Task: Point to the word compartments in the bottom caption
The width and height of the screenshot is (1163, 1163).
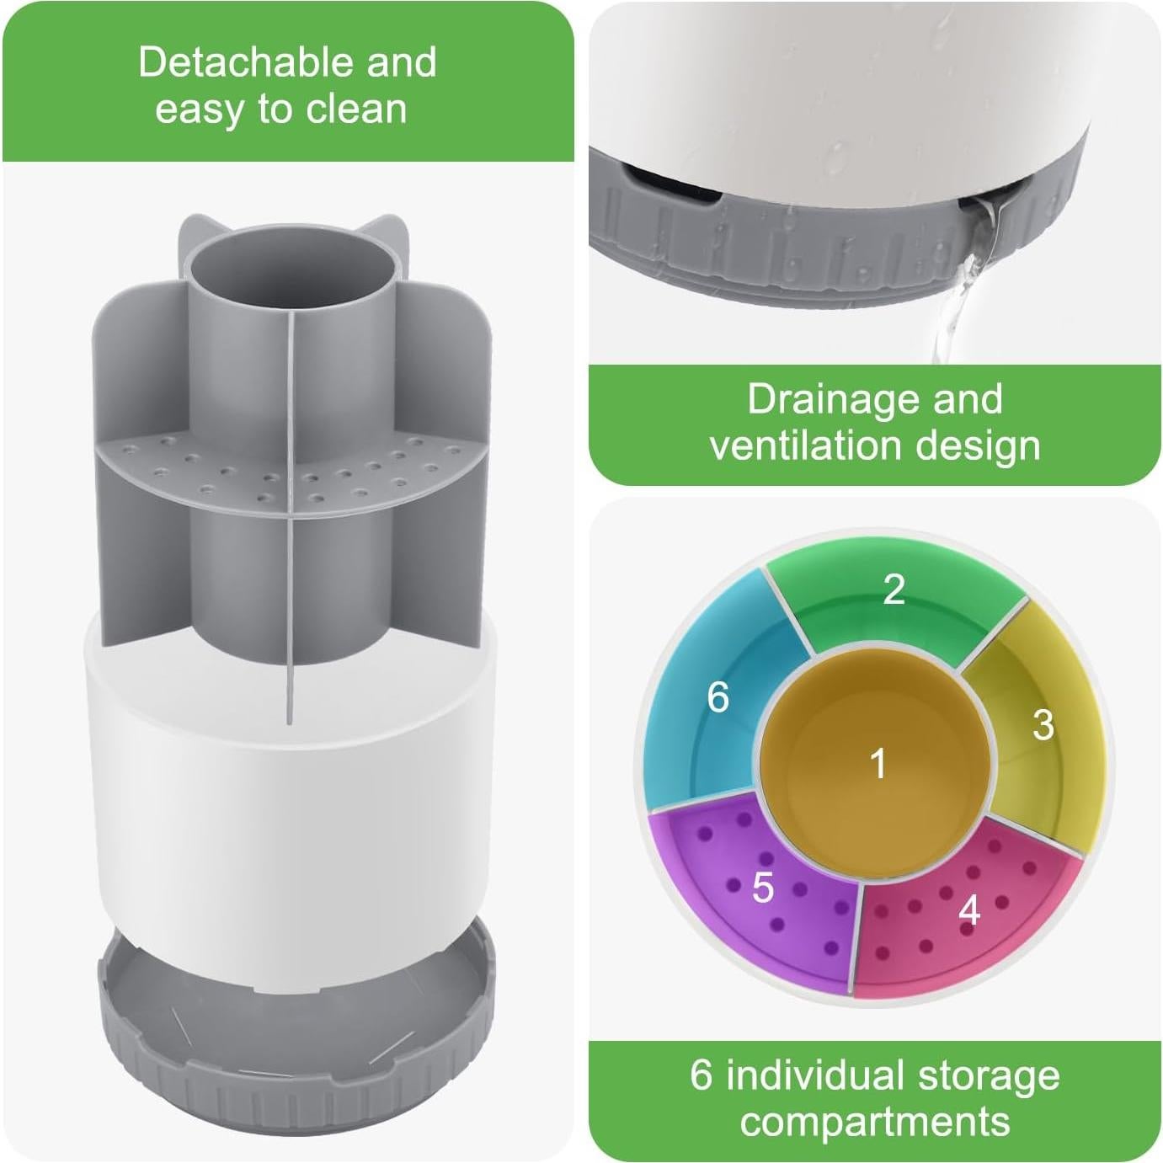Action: [x=875, y=1121]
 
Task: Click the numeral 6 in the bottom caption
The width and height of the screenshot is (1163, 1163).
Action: [x=702, y=1075]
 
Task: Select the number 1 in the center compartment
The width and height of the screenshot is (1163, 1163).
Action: [x=878, y=764]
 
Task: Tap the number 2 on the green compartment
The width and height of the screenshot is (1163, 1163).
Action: [x=894, y=590]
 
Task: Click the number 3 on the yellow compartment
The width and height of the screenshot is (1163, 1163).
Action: [x=1043, y=724]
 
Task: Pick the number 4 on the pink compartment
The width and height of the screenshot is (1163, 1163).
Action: [x=969, y=910]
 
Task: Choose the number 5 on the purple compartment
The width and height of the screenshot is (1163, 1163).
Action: [x=762, y=888]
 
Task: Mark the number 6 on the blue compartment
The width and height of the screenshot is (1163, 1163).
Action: [x=718, y=697]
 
